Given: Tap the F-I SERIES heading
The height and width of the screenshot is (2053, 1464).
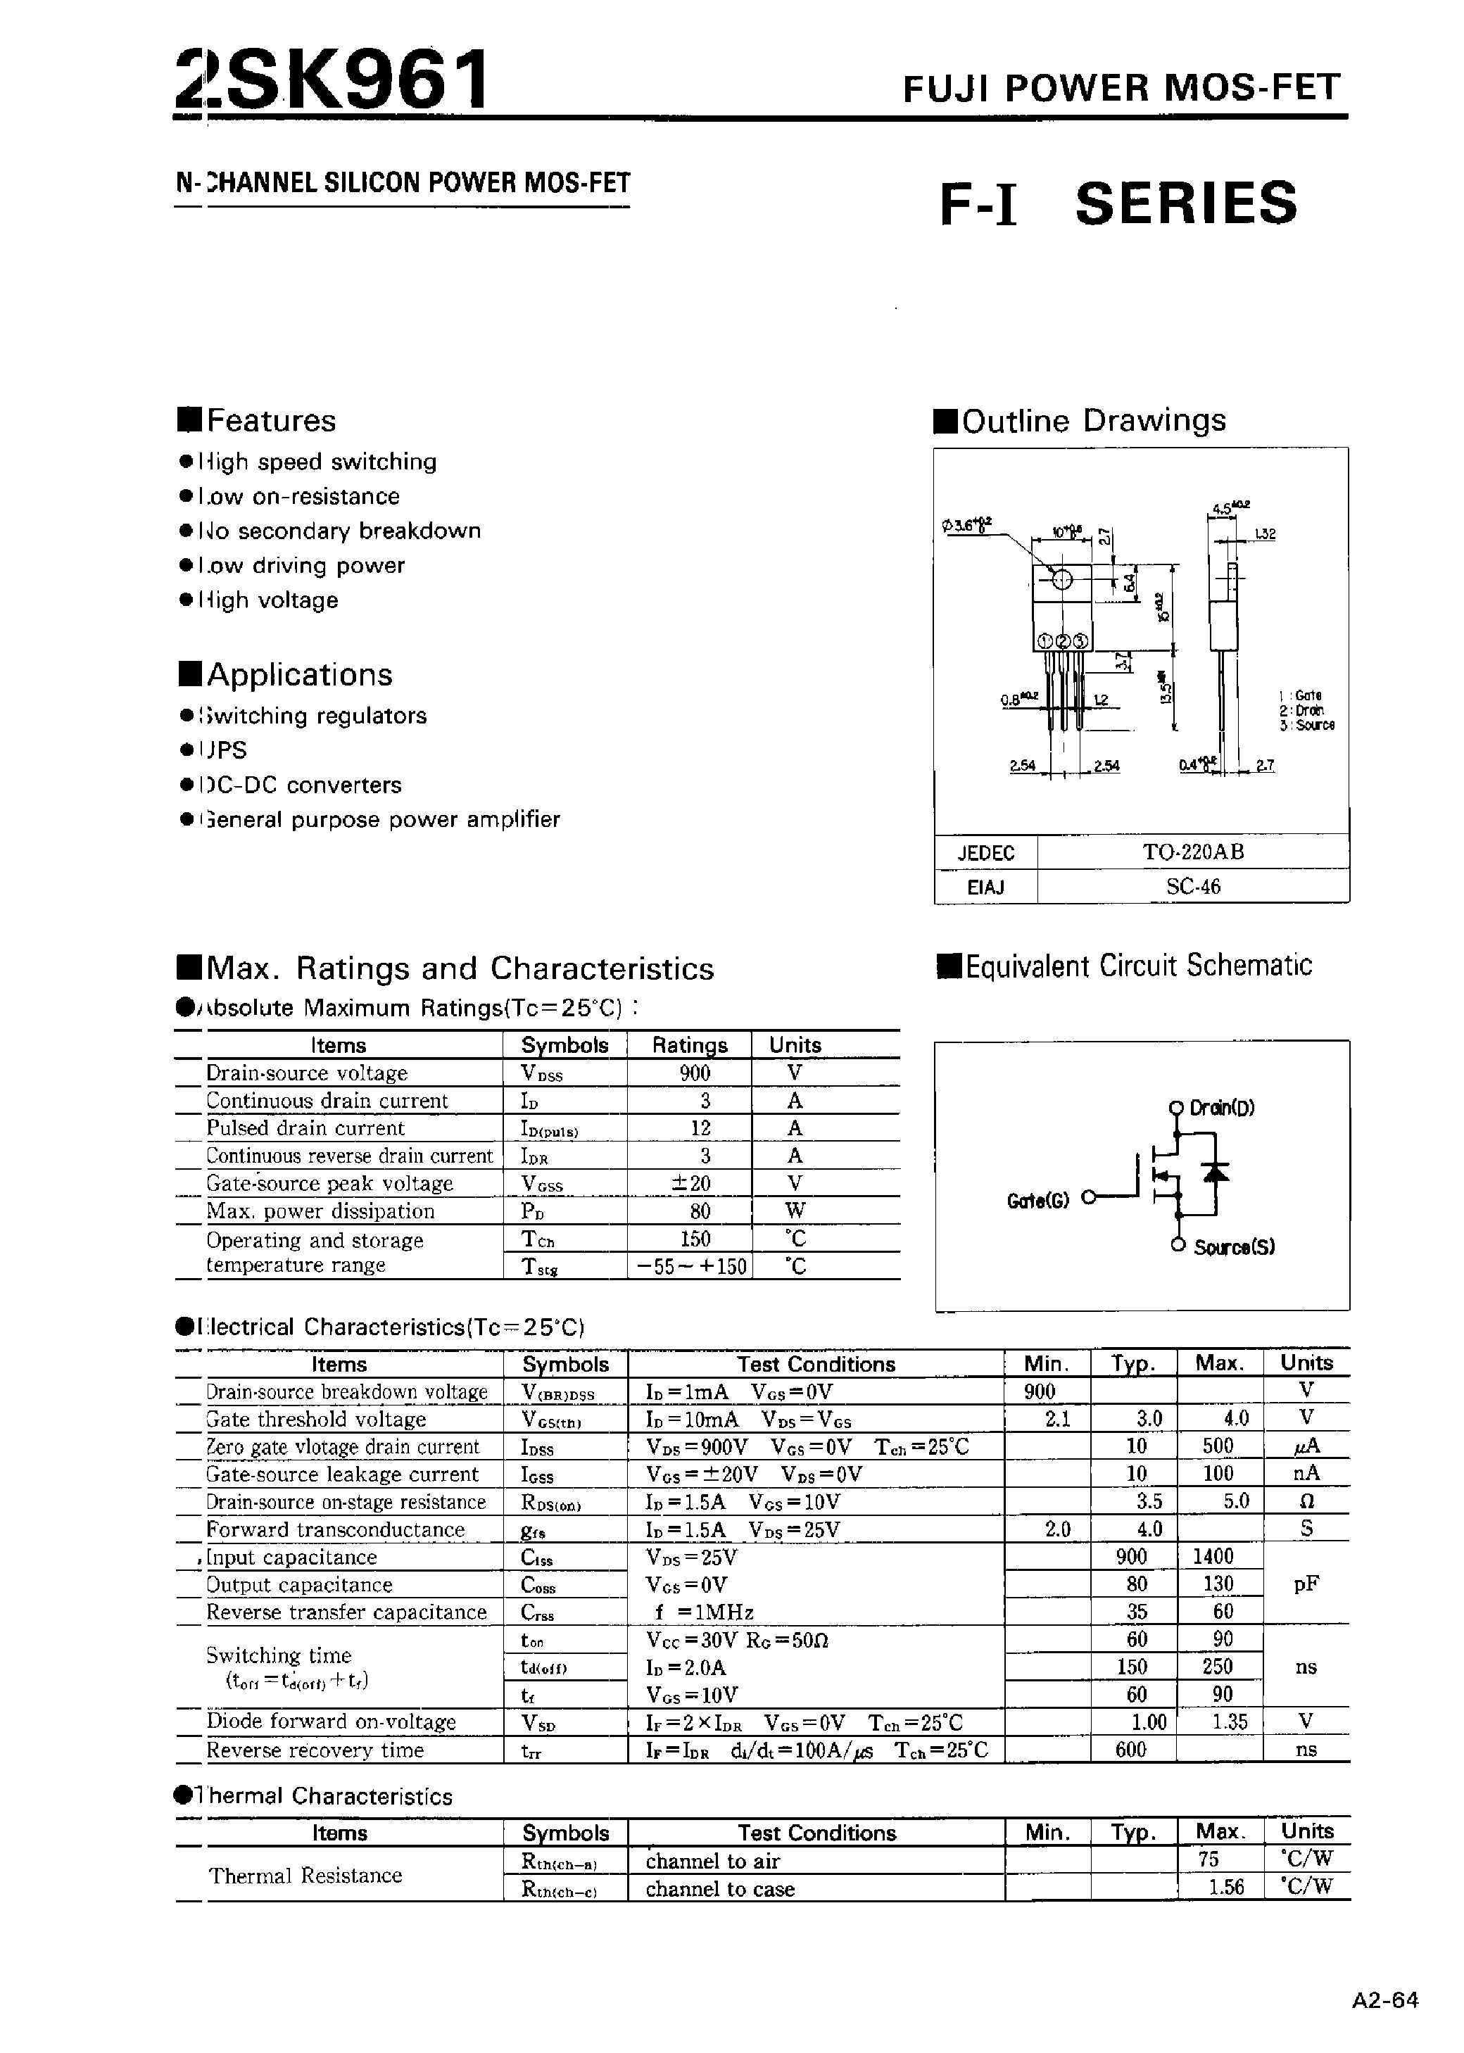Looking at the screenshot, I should tap(1118, 203).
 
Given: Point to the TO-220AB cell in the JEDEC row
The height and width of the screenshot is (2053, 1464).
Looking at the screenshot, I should tap(1192, 852).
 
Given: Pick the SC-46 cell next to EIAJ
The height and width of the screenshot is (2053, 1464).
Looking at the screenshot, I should tap(1192, 887).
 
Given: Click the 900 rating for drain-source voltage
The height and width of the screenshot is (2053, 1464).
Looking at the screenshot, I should tap(695, 1073).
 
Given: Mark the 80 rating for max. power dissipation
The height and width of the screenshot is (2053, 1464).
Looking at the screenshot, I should tap(700, 1211).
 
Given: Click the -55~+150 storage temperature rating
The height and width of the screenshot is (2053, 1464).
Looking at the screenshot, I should tap(691, 1267).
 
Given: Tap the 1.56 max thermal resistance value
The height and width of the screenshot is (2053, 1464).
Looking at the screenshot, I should tap(1226, 1887).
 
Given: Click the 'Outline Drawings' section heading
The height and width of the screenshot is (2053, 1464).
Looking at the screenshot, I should tap(1094, 421).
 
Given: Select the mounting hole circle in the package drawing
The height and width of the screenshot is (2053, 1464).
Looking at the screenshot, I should tap(1062, 579).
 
